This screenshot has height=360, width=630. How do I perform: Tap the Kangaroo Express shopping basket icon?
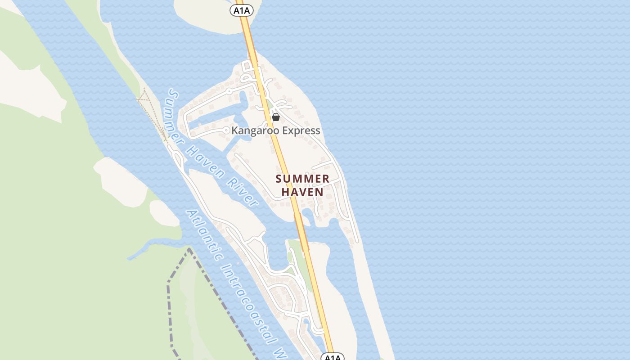pyautogui.click(x=276, y=117)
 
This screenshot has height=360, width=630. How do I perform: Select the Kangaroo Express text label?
pyautogui.click(x=275, y=131)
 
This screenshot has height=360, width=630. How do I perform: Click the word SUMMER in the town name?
pyautogui.click(x=302, y=179)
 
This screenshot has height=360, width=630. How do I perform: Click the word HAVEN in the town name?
pyautogui.click(x=302, y=192)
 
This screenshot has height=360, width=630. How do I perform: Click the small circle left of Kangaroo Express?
pyautogui.click(x=226, y=130)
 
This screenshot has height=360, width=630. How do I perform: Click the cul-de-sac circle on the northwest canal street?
pyautogui.click(x=229, y=91)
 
